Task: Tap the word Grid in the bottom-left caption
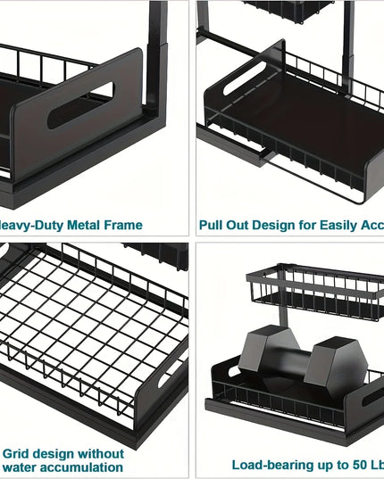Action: (20, 453)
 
